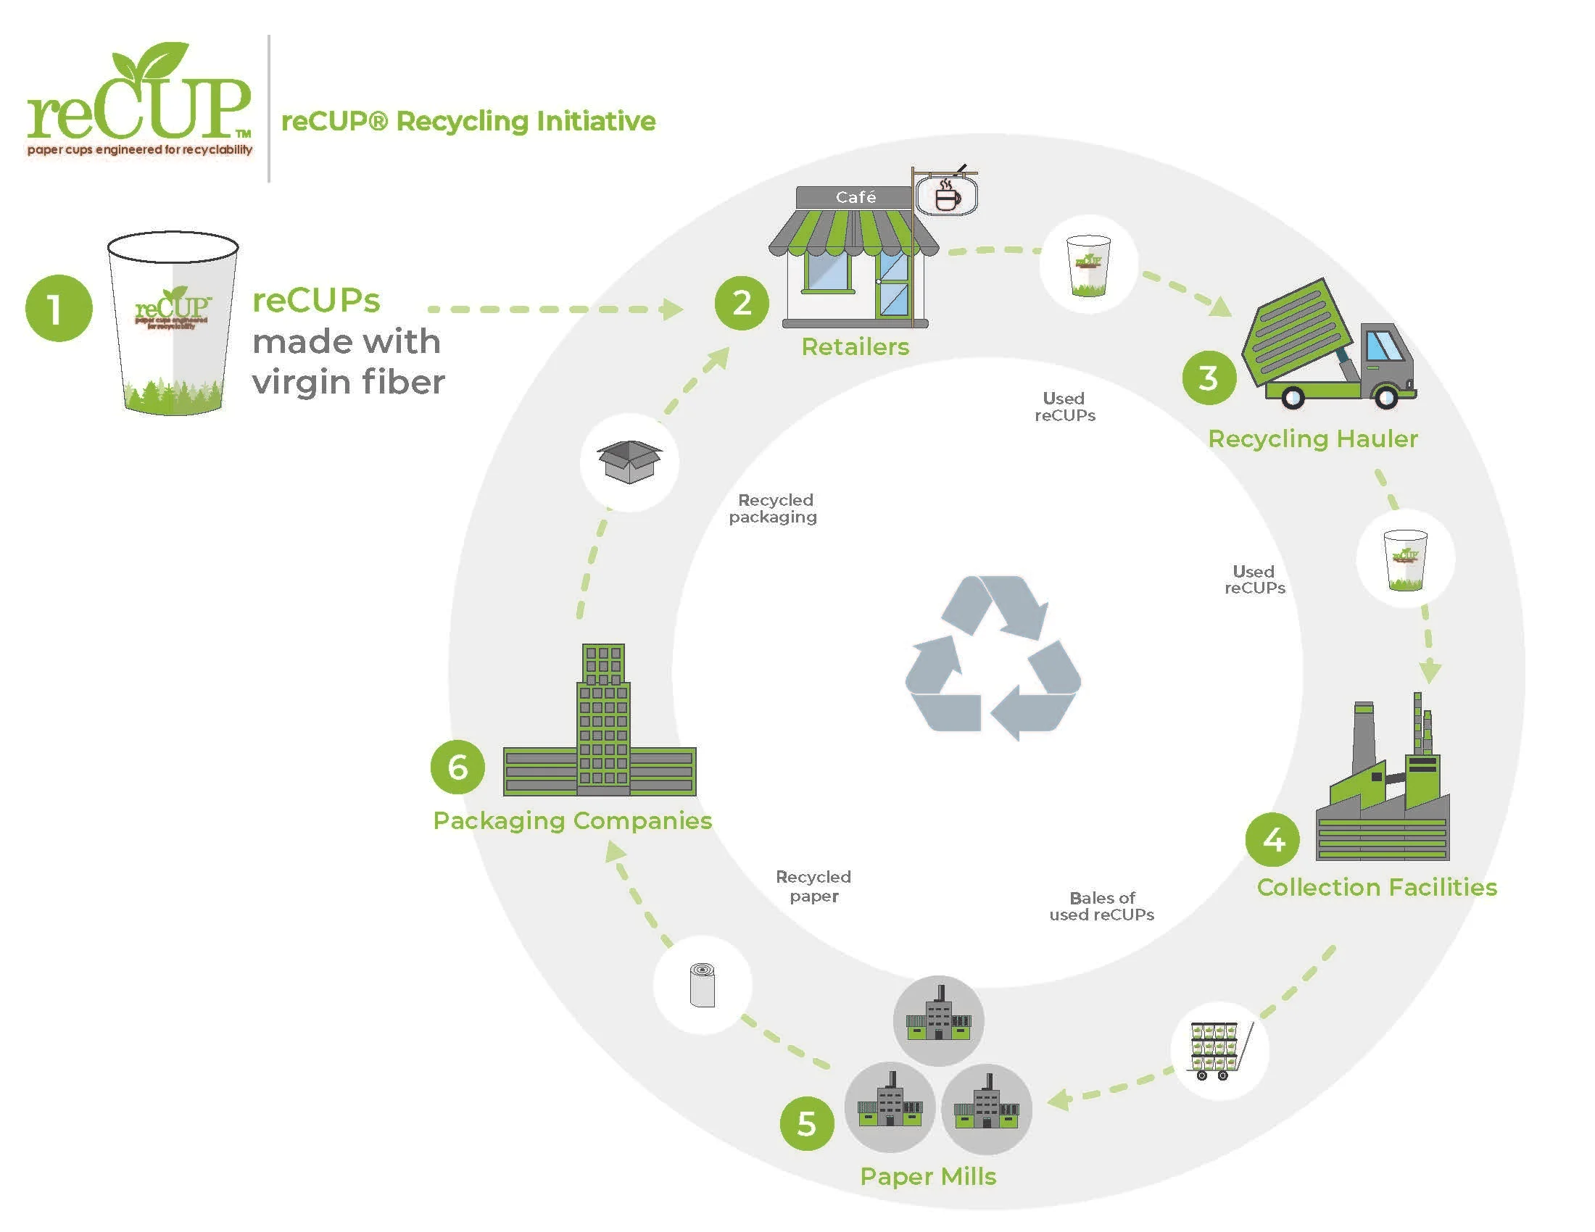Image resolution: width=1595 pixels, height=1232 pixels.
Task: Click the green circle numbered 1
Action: click(x=59, y=308)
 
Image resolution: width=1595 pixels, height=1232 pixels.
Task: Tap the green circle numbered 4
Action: click(x=1272, y=839)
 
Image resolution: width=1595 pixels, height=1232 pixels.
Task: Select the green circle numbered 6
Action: click(x=457, y=766)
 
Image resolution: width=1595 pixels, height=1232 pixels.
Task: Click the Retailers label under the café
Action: click(x=855, y=346)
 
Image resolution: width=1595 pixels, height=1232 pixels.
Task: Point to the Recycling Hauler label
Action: click(x=1312, y=438)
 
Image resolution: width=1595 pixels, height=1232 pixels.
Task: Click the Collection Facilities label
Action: click(x=1376, y=887)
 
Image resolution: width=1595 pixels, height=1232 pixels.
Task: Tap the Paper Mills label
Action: click(x=927, y=1176)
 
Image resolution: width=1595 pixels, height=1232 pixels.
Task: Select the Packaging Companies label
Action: click(x=572, y=820)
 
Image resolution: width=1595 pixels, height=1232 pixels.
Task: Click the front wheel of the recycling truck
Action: click(x=1385, y=397)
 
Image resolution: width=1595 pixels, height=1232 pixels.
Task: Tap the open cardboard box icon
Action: click(x=629, y=461)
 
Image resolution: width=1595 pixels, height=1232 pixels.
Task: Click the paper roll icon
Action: click(x=703, y=986)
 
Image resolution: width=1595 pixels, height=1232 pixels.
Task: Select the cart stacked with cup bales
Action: click(x=1218, y=1051)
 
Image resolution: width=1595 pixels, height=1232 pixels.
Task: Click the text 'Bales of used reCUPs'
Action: click(x=1101, y=906)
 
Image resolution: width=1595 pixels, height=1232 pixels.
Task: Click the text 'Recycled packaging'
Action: click(x=774, y=508)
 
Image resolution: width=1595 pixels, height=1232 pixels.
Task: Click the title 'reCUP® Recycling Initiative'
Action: click(x=468, y=121)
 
